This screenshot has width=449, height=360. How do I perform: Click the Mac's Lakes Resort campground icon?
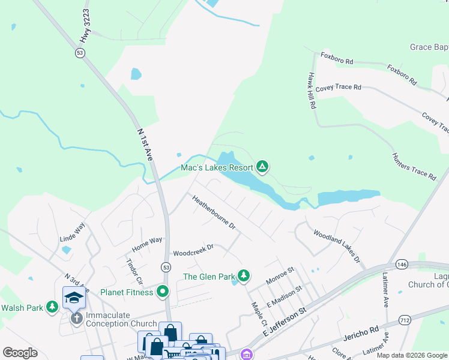point(262,166)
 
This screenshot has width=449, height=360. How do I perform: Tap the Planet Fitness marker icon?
point(162,292)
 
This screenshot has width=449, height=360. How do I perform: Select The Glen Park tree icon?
point(243,275)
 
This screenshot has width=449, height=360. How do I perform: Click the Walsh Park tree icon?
point(52,307)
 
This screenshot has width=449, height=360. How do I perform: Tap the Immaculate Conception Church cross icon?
point(76,317)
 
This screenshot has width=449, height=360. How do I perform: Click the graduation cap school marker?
point(74,297)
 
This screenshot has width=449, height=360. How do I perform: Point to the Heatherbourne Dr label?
point(214,212)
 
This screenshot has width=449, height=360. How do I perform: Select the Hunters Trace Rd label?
point(414,166)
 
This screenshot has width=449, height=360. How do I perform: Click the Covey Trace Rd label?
point(339,87)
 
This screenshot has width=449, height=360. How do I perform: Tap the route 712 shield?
point(405,320)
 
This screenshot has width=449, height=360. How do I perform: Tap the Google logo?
point(20,353)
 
